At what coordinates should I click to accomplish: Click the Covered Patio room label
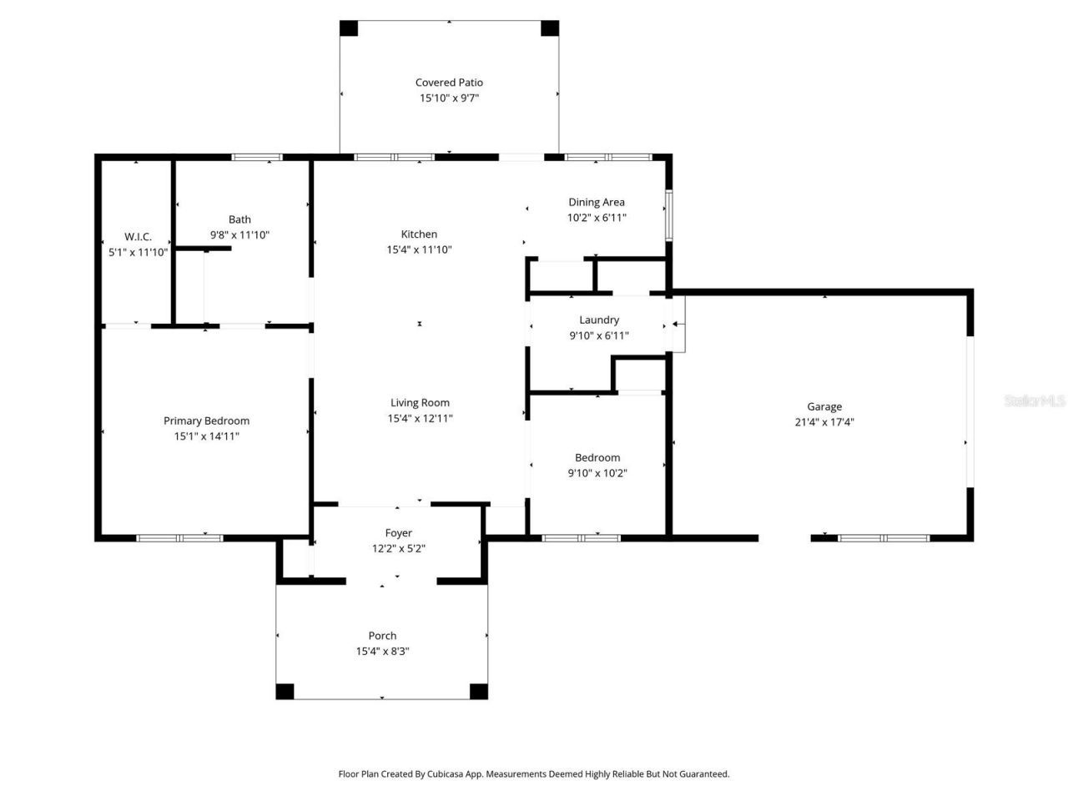click(449, 83)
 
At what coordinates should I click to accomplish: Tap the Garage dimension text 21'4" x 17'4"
click(824, 422)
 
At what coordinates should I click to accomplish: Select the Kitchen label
click(419, 234)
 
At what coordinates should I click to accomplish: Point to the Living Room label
click(420, 403)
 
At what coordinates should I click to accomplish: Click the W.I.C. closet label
click(138, 237)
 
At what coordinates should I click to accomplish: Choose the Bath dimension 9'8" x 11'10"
click(239, 235)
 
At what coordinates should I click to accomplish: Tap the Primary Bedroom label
click(206, 421)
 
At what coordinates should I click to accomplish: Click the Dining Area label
click(596, 202)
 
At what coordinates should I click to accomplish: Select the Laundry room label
click(599, 320)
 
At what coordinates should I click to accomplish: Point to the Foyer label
click(398, 533)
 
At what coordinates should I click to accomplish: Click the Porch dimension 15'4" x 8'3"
click(382, 652)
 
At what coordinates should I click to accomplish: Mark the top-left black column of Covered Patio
click(349, 28)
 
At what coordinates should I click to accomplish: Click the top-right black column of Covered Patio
click(550, 28)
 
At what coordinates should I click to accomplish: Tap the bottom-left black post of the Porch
click(285, 691)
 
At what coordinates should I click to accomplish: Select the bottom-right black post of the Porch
click(478, 691)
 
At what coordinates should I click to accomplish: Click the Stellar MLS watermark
click(1034, 401)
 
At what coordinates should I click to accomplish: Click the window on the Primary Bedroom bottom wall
click(179, 538)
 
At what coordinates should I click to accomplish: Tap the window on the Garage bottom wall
click(884, 538)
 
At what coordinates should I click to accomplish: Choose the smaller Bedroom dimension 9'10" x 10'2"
click(597, 473)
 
